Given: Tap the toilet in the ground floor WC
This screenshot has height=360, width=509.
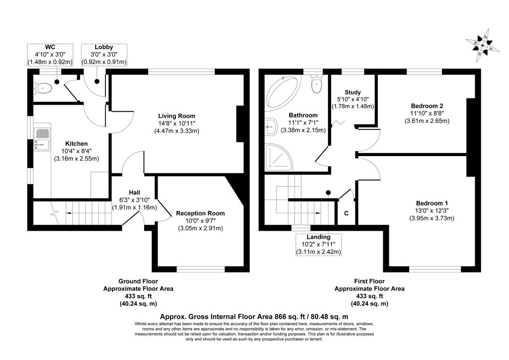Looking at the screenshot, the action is tap(43, 88).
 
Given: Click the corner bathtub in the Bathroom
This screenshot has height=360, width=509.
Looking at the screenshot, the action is tap(281, 92).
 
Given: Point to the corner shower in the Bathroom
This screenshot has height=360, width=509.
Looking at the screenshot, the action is tap(279, 158).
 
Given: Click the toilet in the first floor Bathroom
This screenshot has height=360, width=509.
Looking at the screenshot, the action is tap(316, 84).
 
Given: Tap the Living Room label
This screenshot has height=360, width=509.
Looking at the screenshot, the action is tap(176, 116).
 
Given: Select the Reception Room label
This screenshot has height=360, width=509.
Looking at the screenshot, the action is tap(200, 213).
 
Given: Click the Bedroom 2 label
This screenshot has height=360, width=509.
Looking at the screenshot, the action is tap(427, 106).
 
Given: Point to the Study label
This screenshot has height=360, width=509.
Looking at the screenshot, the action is tap(352, 92).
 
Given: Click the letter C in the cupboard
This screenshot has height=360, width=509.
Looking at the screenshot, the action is tap(346, 213).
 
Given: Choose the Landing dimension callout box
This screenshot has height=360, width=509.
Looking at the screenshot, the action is tap(319, 245).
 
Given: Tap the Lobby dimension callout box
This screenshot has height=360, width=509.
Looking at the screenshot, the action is tap(104, 55).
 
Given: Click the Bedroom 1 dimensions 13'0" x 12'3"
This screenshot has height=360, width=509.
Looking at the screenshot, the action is tap(431, 211).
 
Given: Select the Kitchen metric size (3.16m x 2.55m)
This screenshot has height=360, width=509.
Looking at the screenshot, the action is tap(76, 159).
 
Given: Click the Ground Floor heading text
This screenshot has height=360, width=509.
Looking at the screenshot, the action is tap(138, 281).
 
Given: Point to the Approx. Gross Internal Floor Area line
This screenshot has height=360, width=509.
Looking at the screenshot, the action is tap(254, 317).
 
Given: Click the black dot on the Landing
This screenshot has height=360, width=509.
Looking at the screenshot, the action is tap(328, 192).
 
